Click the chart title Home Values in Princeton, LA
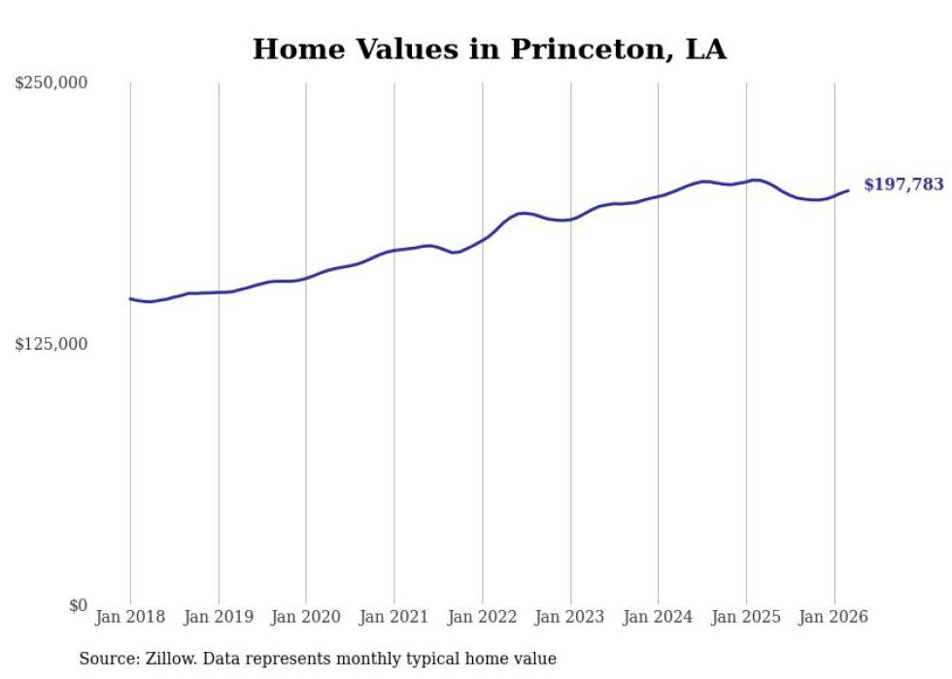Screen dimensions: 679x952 coord(489,50)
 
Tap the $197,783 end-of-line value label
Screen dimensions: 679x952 coord(903,185)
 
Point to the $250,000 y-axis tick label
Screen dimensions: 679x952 coord(51,84)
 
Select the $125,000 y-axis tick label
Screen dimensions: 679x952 coord(51,344)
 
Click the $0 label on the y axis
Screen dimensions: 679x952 coord(78,605)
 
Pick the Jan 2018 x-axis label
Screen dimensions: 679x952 coord(130,617)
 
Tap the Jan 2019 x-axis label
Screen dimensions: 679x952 coord(219,617)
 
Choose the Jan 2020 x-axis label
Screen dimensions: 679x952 coord(306,617)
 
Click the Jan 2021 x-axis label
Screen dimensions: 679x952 coord(394,617)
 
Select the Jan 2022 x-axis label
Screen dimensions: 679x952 coord(483,617)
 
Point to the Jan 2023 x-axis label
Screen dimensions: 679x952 coord(570,617)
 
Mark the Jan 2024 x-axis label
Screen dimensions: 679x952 coord(659,617)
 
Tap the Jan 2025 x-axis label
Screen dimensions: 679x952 coord(746,617)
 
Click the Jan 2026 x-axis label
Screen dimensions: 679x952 coord(834,617)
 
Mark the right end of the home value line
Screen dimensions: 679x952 coord(848,190)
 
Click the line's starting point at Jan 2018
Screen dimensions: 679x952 coord(130,299)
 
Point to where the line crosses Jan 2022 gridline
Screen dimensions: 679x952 coord(483,239)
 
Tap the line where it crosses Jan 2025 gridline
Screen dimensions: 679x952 coord(746,181)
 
